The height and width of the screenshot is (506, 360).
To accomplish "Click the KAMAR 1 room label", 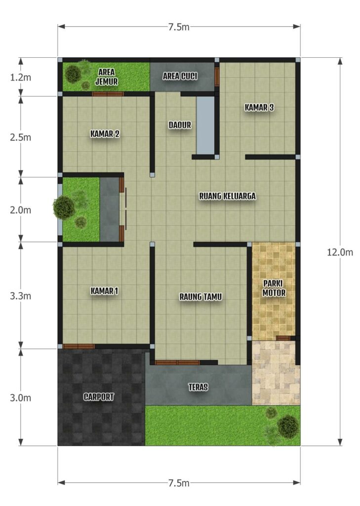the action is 104,291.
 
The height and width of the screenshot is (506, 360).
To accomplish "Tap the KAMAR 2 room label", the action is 105,133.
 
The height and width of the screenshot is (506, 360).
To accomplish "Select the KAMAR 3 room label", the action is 259,107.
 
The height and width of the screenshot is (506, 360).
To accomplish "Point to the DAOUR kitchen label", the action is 180,125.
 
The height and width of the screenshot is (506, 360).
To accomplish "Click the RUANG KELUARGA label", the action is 228,196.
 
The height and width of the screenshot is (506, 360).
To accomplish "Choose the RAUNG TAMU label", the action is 200,296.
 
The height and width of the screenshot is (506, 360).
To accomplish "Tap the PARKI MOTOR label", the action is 274,288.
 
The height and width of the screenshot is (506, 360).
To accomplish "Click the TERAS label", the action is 198,387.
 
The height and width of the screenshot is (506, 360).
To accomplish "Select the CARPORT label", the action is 99,397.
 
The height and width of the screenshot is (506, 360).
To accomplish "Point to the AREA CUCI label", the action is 180,76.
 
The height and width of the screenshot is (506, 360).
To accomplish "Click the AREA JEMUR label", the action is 107,77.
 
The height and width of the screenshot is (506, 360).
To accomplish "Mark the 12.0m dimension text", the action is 340,253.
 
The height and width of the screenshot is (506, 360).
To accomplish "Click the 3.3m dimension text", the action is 20,296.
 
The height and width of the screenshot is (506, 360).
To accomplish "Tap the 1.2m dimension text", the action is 20,78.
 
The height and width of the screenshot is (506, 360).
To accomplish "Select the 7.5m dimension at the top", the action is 179,27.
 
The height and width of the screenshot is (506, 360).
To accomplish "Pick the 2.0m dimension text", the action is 20,210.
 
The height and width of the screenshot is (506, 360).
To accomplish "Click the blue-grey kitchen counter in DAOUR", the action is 205,126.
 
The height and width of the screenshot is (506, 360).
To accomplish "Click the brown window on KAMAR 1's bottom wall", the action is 79,346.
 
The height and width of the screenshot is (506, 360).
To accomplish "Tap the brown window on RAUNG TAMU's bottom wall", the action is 177,362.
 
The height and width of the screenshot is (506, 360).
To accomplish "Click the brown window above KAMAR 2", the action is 108,94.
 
